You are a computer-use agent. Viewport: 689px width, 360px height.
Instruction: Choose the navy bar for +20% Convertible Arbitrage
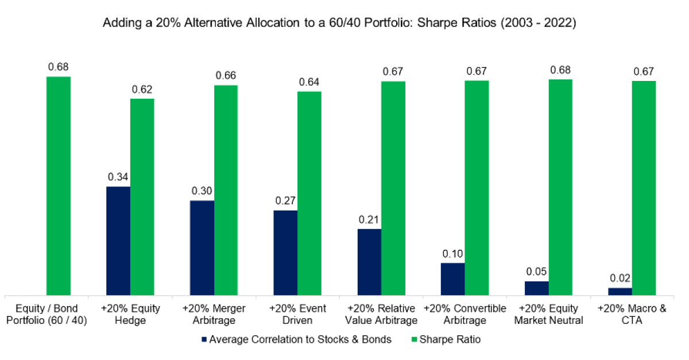(453, 279)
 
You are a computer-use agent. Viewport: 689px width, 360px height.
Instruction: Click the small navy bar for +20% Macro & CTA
(620, 292)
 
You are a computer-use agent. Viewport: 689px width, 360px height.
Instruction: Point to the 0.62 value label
(142, 90)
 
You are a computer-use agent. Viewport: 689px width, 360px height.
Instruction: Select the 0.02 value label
(620, 279)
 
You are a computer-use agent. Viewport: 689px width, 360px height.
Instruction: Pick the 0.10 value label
(453, 254)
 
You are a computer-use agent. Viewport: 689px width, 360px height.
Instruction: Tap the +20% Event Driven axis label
(297, 314)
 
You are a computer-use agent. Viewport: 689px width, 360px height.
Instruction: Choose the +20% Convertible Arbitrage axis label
(465, 314)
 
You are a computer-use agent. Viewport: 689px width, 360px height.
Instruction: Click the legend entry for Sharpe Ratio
(447, 339)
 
